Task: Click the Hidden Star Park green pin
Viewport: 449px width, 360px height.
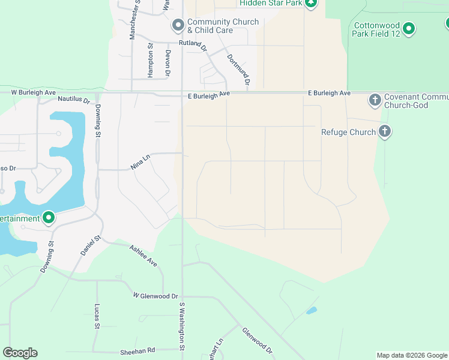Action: [x=310, y=3]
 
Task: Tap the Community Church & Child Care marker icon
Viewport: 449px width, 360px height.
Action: [x=178, y=26]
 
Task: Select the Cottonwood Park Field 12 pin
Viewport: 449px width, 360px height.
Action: [x=409, y=28]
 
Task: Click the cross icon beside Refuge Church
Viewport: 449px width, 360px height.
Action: [x=385, y=131]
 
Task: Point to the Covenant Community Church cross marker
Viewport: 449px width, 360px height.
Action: [x=375, y=100]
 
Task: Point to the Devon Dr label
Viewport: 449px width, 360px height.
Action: [x=168, y=63]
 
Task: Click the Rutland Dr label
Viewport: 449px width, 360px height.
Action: [x=192, y=44]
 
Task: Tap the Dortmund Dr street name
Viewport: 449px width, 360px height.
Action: [x=237, y=69]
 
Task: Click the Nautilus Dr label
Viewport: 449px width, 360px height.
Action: [x=73, y=100]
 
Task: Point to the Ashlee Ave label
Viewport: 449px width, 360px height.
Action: [x=143, y=255]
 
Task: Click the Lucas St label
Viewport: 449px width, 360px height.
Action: [x=97, y=316]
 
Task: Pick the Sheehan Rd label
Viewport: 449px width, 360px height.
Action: [x=138, y=350]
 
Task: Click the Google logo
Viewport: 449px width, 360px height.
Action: [x=20, y=353]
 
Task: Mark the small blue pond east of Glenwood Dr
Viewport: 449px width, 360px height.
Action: [x=311, y=311]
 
